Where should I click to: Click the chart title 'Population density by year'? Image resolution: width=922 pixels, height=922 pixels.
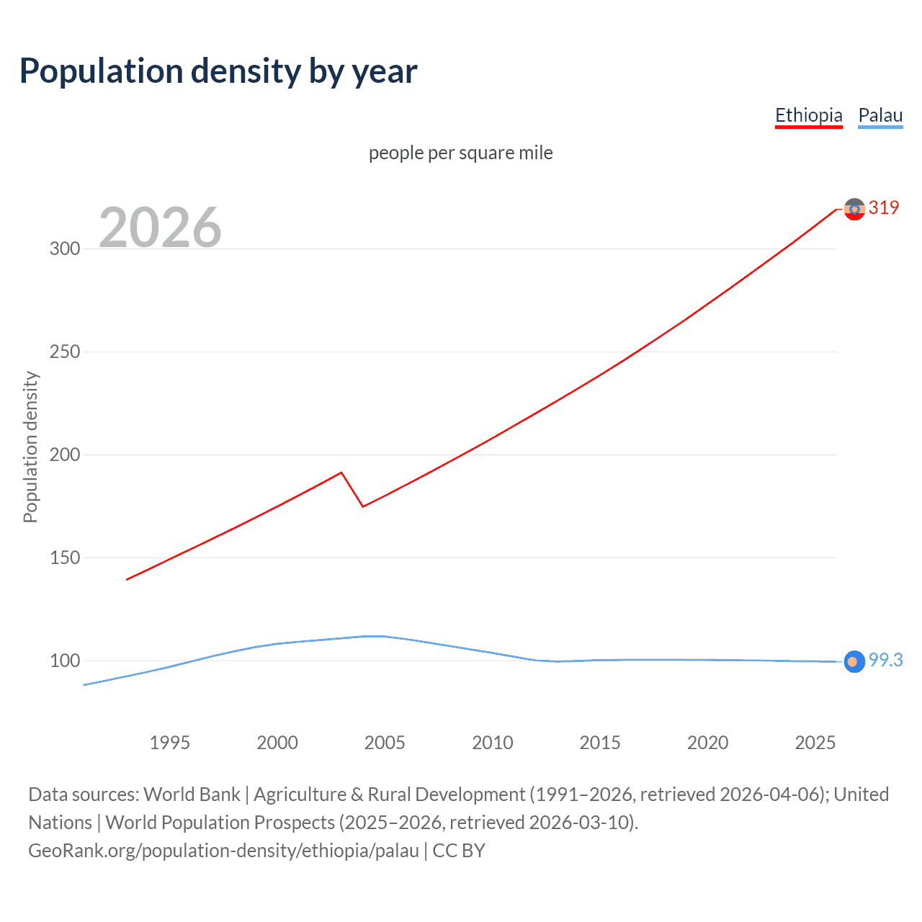point(218,71)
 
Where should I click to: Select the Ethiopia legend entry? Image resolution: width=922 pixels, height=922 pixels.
point(808,115)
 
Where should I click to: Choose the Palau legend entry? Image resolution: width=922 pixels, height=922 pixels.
point(880,115)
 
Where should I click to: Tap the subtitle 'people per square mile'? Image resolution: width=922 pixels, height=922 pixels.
point(460,153)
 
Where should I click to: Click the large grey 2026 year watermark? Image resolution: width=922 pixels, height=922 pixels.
point(160,228)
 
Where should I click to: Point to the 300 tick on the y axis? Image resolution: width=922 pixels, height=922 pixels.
point(65,249)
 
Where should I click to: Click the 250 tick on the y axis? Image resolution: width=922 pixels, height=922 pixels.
point(65,352)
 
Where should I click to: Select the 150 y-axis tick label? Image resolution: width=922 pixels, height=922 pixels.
point(65,558)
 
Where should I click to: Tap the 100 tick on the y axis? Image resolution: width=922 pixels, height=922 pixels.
point(65,661)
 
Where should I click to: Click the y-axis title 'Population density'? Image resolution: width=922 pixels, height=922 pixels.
point(30,447)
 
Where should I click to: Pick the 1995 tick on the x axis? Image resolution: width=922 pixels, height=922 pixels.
point(169,743)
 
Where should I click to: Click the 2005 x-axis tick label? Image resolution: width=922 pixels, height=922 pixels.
point(385,743)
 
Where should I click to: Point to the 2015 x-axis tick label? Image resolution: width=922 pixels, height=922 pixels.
point(600,743)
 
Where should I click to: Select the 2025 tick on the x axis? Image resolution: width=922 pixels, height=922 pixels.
point(815,743)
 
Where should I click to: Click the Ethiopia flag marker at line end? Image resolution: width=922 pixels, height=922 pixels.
point(854,209)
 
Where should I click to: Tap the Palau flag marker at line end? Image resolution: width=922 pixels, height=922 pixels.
point(854,661)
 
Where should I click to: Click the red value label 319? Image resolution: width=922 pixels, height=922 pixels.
point(884,207)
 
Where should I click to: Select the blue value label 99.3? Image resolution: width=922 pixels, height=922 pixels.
point(885,660)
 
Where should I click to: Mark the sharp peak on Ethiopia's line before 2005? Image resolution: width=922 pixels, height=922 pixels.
point(341,473)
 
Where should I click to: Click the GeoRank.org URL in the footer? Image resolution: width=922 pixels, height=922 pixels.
point(223,850)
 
